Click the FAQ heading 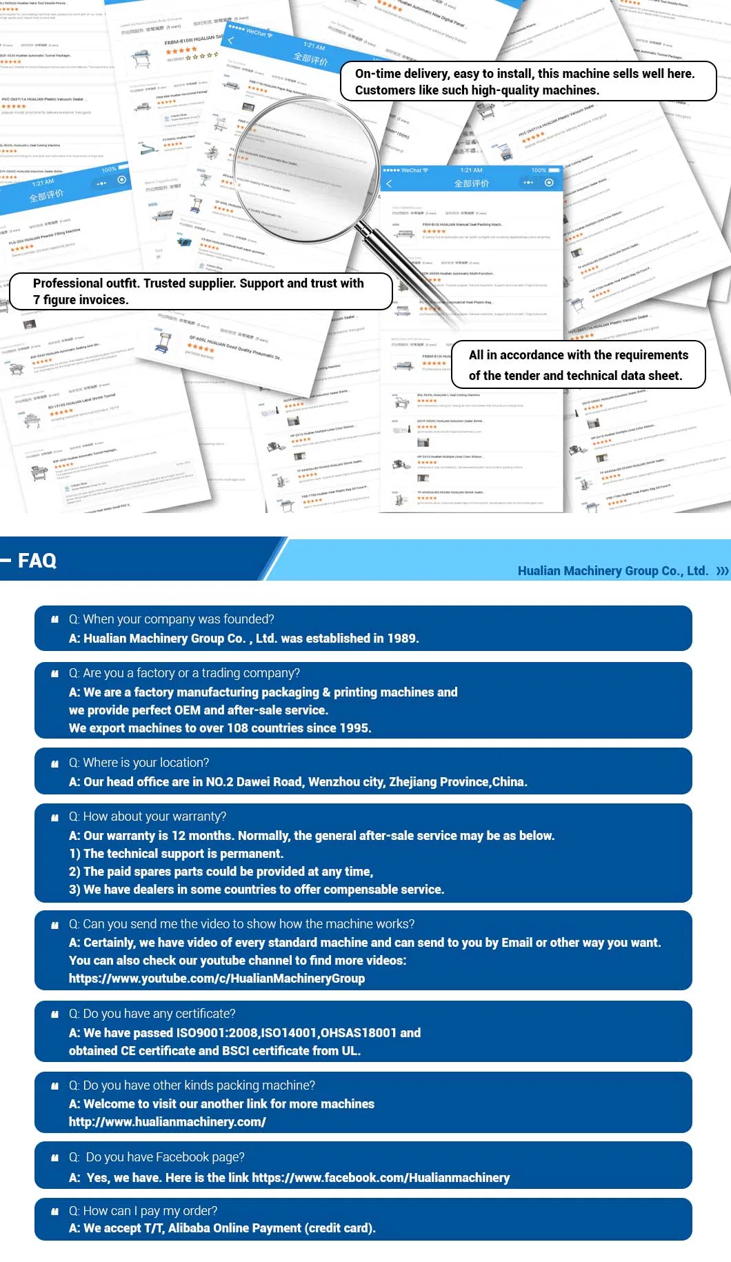(x=37, y=561)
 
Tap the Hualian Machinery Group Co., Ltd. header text (x=612, y=571)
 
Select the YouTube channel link (x=217, y=979)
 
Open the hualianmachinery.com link (x=167, y=1122)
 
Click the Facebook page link (x=381, y=1178)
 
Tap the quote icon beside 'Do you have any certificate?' (x=55, y=1014)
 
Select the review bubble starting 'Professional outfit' (x=200, y=292)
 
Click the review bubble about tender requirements (x=578, y=365)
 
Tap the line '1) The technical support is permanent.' (x=176, y=854)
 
